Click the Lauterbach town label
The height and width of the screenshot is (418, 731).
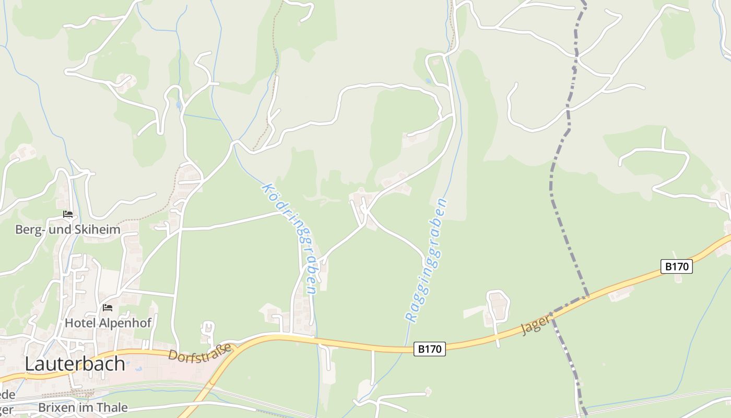[x=75, y=364]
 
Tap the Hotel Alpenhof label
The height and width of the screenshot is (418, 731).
[x=108, y=323]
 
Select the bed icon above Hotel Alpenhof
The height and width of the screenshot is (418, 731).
[x=108, y=308]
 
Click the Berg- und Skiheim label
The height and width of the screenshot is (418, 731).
[x=67, y=229]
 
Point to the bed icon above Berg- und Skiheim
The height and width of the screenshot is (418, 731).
[x=67, y=214]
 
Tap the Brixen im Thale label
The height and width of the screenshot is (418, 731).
[x=83, y=408]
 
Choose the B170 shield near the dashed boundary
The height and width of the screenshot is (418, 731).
[x=677, y=266]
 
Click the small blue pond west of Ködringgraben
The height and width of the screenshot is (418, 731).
[x=179, y=105]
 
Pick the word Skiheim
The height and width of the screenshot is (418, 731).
[x=98, y=229]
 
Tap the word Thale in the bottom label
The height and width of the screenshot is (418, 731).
[x=113, y=408]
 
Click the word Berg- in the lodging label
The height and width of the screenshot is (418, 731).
[x=28, y=229]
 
